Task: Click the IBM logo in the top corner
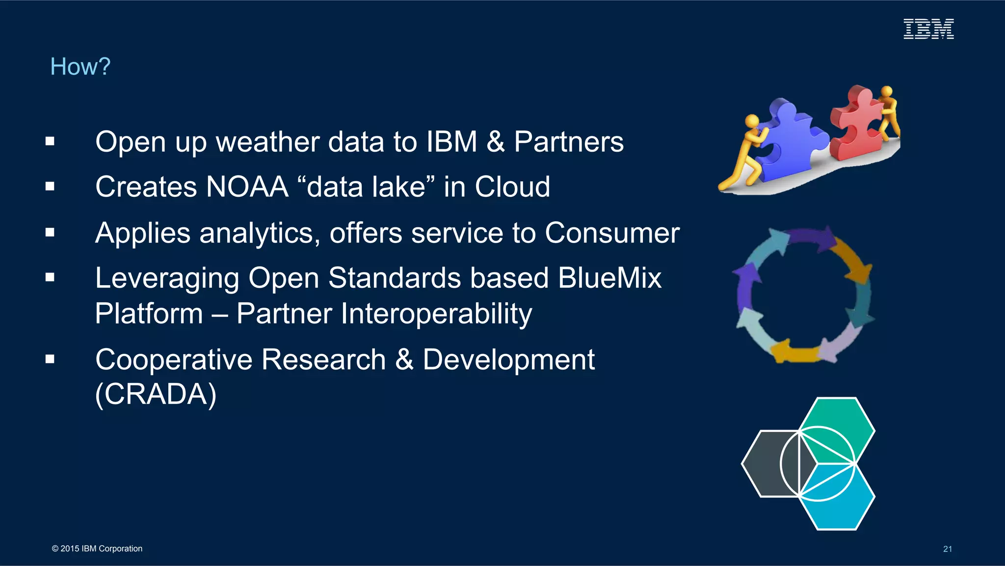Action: coord(928,29)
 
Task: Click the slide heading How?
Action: coord(80,66)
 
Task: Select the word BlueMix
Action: coord(609,278)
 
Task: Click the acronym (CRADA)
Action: coord(156,394)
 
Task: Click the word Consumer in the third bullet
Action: coord(612,233)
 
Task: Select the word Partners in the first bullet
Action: coord(568,142)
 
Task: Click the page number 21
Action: coord(947,549)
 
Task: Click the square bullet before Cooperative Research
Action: coord(50,359)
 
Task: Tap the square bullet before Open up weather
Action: coord(50,142)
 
